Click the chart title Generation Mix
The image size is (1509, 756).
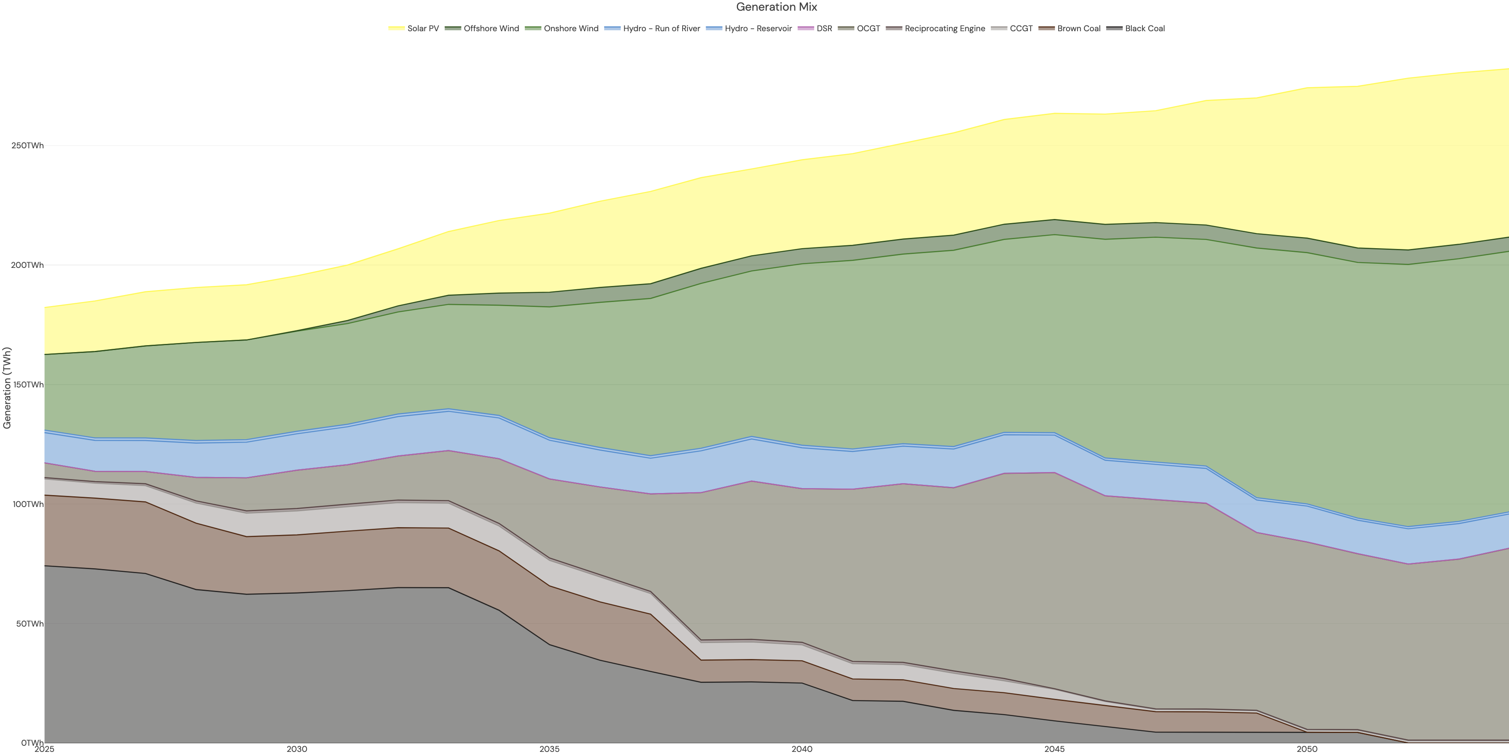[776, 7]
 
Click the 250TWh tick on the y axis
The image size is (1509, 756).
[28, 146]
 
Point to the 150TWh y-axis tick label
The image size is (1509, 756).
[28, 385]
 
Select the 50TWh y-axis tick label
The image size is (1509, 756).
[29, 624]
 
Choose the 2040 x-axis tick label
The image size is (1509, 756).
[802, 749]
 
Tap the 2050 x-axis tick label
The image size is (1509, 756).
[1307, 749]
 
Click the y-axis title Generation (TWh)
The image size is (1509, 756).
[7, 388]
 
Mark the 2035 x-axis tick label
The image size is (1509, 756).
[549, 749]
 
